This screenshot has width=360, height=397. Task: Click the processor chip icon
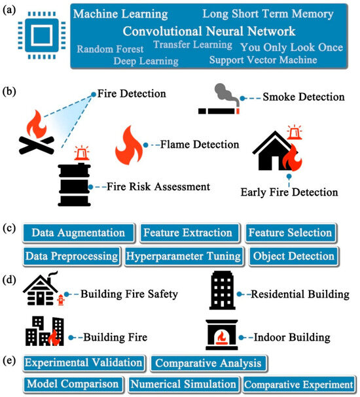click(x=42, y=35)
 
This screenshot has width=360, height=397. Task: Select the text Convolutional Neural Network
click(x=209, y=31)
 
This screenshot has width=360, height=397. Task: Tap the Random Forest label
click(x=110, y=49)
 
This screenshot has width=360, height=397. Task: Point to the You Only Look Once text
click(x=291, y=47)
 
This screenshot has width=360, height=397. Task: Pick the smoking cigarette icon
click(x=219, y=99)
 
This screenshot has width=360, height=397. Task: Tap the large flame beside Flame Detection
click(x=129, y=146)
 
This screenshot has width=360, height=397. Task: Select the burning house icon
click(x=278, y=151)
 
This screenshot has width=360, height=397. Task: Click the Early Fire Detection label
click(x=289, y=192)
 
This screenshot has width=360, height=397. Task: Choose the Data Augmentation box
click(x=79, y=233)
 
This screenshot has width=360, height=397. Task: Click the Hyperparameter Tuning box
click(x=184, y=256)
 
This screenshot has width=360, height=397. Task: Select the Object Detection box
click(x=294, y=256)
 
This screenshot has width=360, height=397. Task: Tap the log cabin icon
click(x=41, y=288)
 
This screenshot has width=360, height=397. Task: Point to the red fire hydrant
click(x=61, y=300)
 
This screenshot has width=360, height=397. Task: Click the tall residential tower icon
click(x=223, y=290)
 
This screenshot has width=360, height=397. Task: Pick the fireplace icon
click(x=222, y=335)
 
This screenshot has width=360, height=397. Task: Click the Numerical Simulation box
click(x=183, y=385)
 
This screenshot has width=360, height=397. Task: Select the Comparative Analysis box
click(x=208, y=364)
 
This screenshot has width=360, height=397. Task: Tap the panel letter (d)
click(x=9, y=281)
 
